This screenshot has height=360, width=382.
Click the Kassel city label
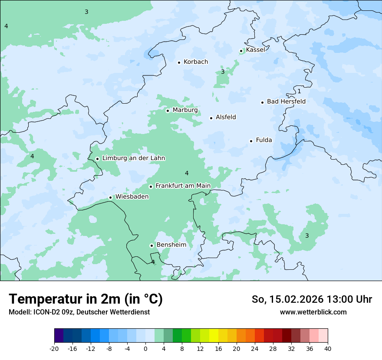pyautogui.click(x=255, y=50)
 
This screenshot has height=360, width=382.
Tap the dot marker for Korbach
pyautogui.click(x=179, y=62)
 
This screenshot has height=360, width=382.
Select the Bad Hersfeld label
pyautogui.click(x=286, y=101)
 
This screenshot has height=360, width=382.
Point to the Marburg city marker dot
pyautogui.click(x=168, y=111)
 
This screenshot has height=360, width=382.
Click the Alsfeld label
pyautogui.click(x=226, y=117)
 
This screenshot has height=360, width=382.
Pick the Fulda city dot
pyautogui.click(x=251, y=141)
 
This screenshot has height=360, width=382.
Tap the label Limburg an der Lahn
pyautogui.click(x=133, y=158)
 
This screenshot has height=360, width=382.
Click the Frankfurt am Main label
pyautogui.click(x=183, y=186)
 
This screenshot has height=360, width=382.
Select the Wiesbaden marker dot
pyautogui.click(x=111, y=198)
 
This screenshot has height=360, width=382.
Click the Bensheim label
pyautogui.click(x=171, y=245)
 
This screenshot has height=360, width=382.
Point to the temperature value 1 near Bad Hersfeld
pyautogui.click(x=299, y=92)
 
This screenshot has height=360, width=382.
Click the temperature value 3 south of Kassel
pyautogui.click(x=223, y=72)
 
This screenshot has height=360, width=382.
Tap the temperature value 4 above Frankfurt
pyautogui.click(x=187, y=173)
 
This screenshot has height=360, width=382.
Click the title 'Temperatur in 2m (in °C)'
pyautogui.click(x=86, y=299)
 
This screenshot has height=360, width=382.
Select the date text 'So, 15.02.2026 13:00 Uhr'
pyautogui.click(x=312, y=299)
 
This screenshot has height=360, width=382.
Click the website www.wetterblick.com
pyautogui.click(x=313, y=312)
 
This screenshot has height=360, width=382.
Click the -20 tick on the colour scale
pyautogui.click(x=54, y=349)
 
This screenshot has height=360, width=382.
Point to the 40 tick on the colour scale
pyautogui.click(x=328, y=349)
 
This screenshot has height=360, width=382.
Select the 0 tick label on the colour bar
pyautogui.click(x=145, y=349)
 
